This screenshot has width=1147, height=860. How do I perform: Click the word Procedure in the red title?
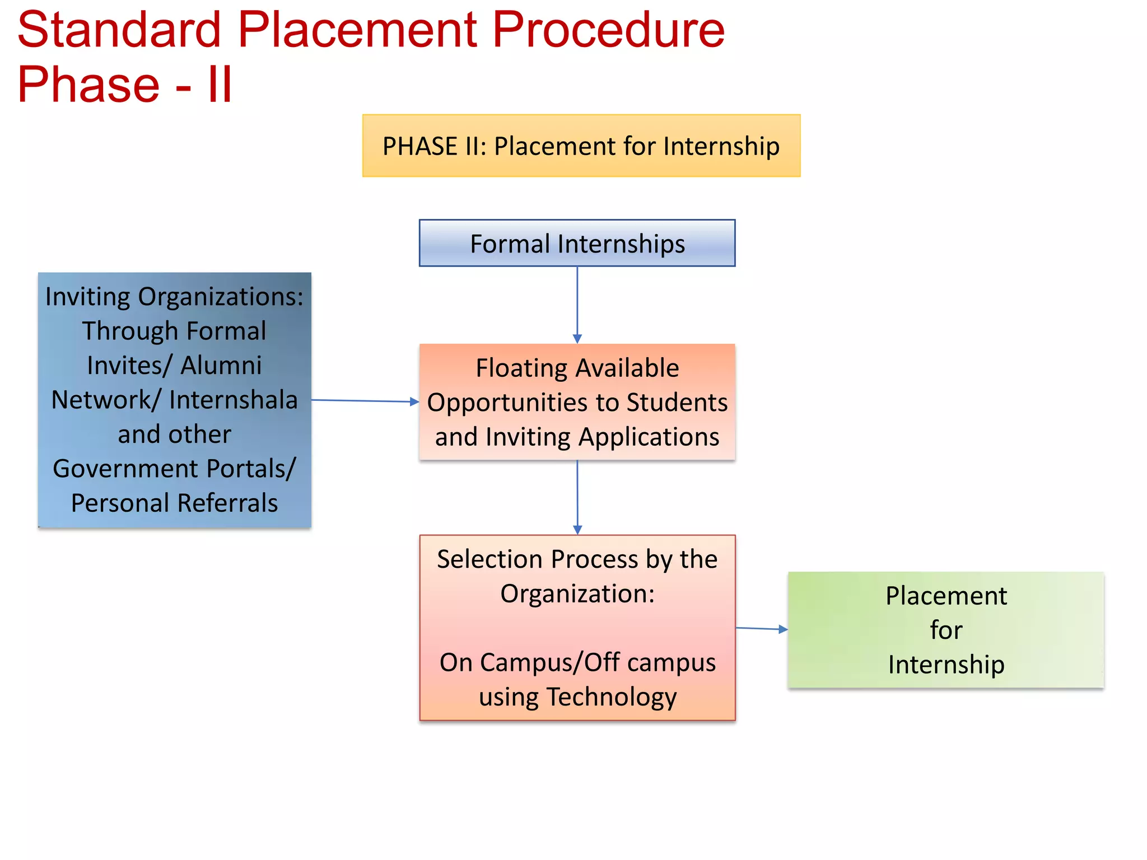pos(608,31)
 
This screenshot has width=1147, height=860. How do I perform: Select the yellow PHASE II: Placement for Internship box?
pos(581,146)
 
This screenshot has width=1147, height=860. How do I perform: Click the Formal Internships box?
pos(577,244)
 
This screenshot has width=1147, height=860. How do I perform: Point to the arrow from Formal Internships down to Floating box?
pos(577,305)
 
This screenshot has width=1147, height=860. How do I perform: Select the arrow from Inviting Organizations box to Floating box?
pos(364,401)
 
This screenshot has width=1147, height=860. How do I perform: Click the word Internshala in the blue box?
pos(233,400)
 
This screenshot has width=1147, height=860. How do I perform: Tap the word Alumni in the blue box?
pos(221,366)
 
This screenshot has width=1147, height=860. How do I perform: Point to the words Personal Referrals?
pos(174,503)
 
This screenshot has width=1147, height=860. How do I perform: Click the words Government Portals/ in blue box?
pos(174,469)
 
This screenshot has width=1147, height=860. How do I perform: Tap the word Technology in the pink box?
pos(612,697)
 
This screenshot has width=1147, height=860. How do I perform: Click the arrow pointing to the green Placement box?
pos(762,629)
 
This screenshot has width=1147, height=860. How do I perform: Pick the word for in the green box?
pos(946,630)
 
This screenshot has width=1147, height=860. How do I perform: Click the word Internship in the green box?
pos(946,665)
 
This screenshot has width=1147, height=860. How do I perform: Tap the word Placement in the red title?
pos(357,31)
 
